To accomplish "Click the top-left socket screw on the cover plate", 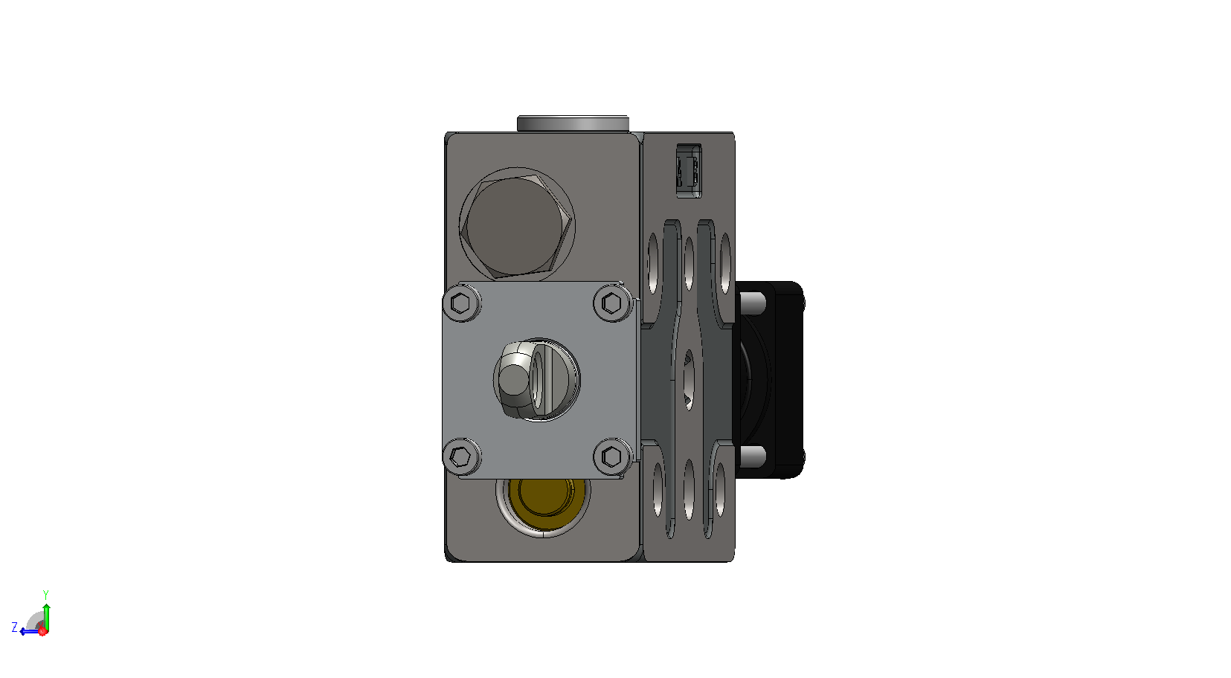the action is tap(461, 303).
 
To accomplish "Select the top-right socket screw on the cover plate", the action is tap(612, 303).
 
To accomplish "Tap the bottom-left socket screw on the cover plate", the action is tap(461, 456).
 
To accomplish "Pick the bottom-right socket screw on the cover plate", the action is tap(612, 456).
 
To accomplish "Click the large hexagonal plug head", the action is tap(517, 225).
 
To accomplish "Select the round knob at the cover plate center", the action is tap(536, 380).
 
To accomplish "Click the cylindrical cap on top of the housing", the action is tap(573, 123).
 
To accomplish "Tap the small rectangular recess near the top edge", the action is tap(689, 171).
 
